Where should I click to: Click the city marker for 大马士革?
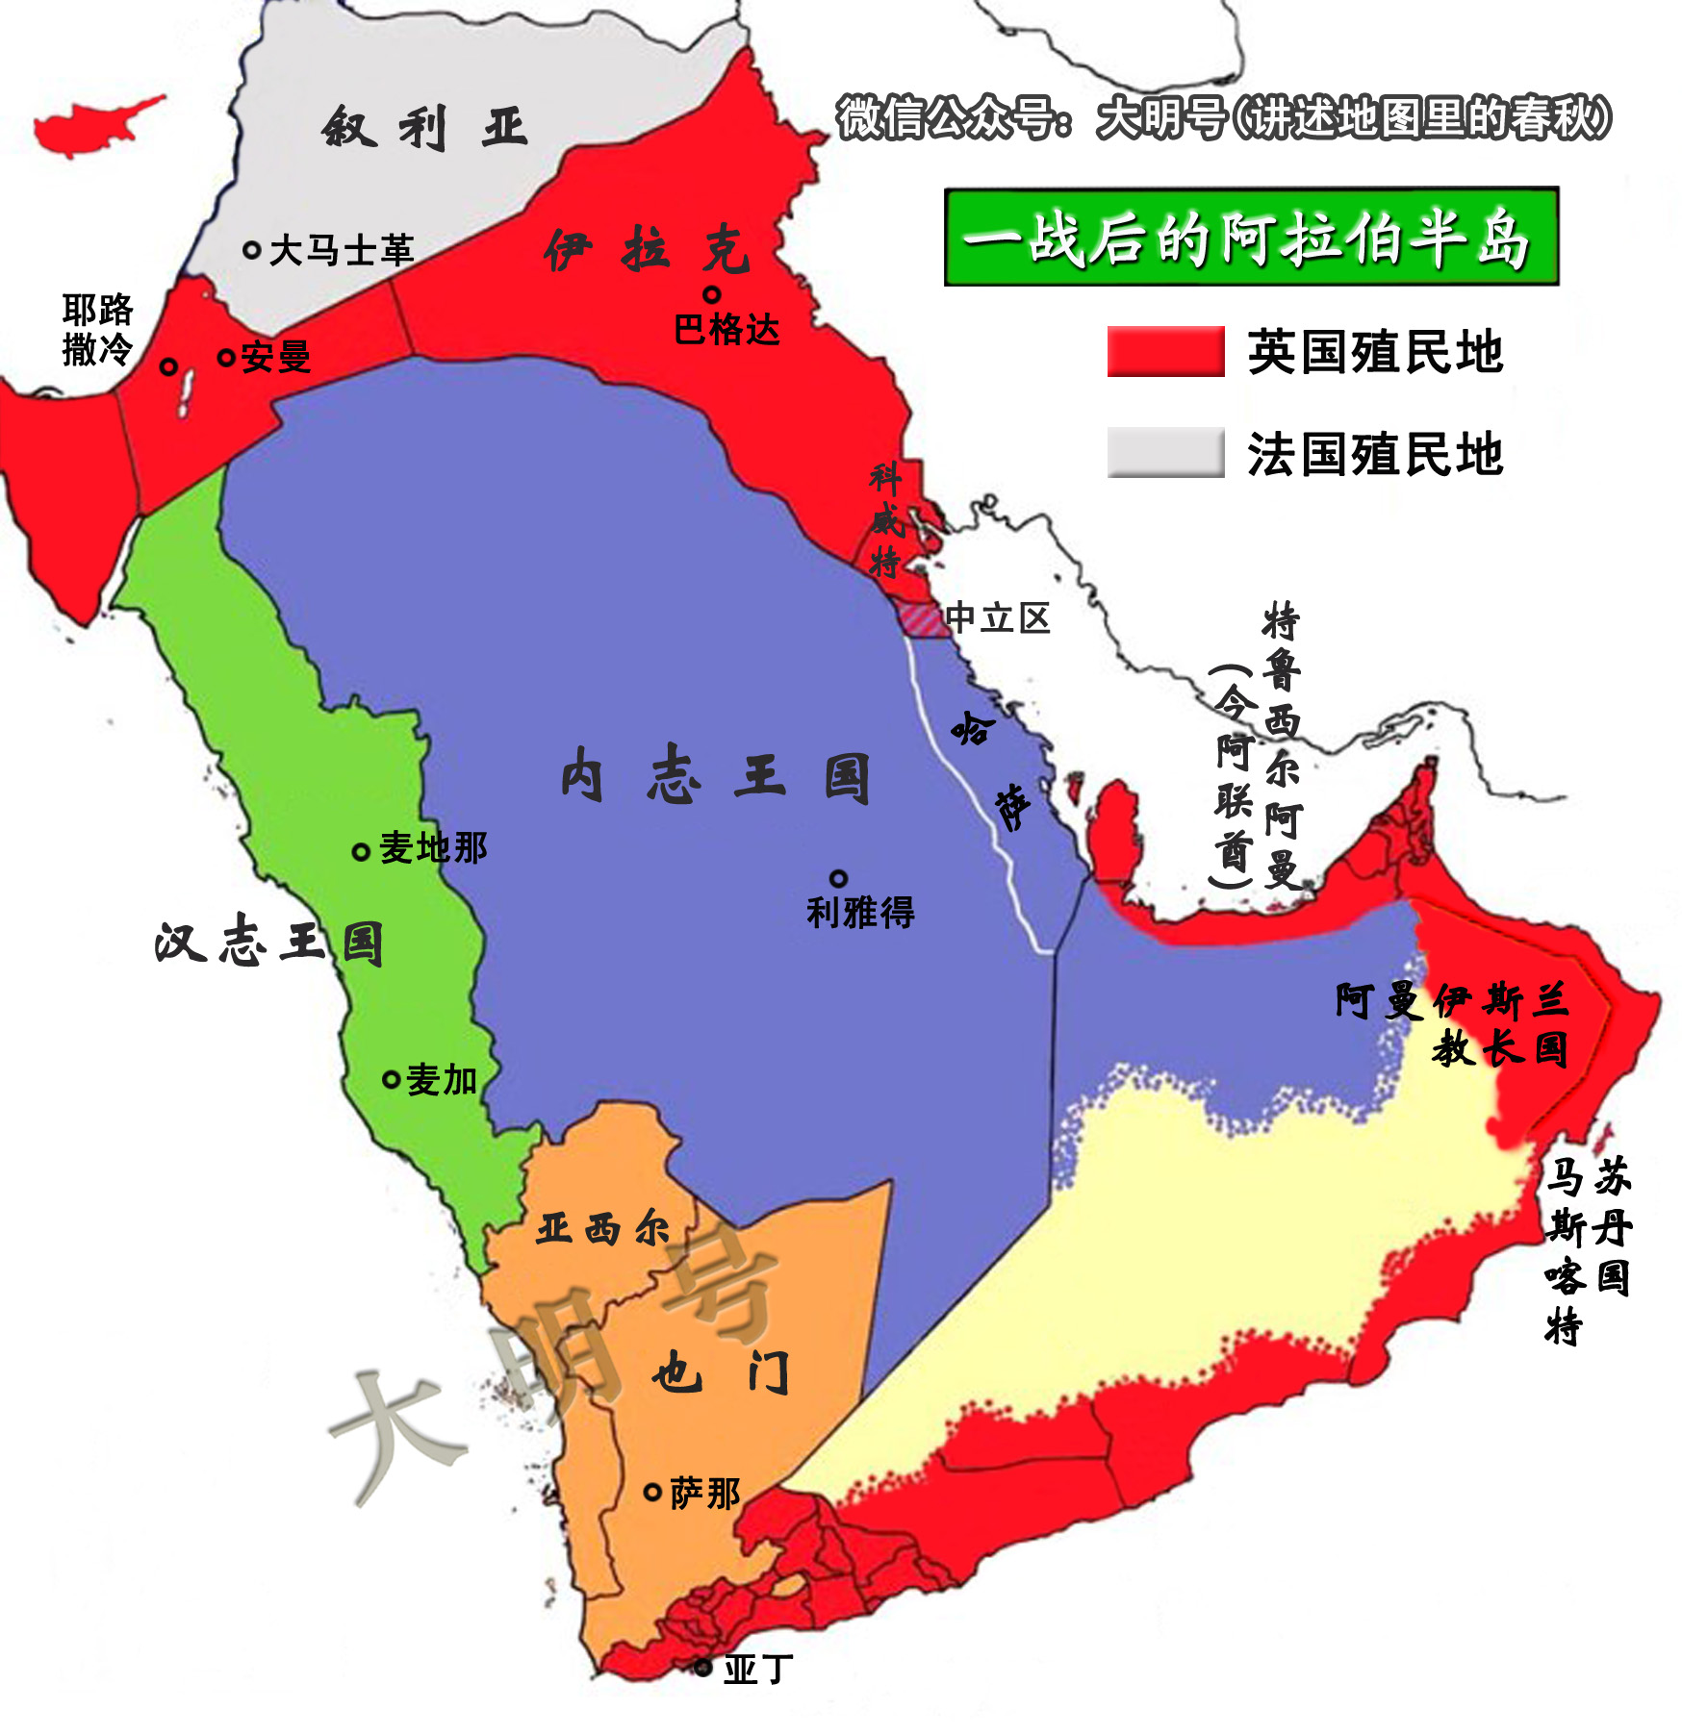coord(252,250)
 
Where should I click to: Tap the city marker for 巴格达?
coord(712,294)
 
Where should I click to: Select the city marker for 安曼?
coord(226,358)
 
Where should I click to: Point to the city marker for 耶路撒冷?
coord(168,366)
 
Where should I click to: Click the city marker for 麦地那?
coord(361,851)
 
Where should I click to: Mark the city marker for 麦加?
coord(391,1079)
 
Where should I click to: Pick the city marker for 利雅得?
coord(839,878)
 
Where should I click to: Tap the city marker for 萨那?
coord(652,1493)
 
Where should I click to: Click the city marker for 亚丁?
coord(703,1667)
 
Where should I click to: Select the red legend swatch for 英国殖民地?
coord(1165,351)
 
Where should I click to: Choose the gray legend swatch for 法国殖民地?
coord(1165,452)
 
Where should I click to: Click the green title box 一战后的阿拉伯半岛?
coord(1251,237)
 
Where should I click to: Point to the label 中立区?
coord(998,617)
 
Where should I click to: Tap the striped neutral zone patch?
coord(921,618)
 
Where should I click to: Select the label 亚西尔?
coord(602,1228)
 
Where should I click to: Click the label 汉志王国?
coord(268,942)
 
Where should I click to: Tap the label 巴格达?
coord(726,330)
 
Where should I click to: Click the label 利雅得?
coord(860,912)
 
